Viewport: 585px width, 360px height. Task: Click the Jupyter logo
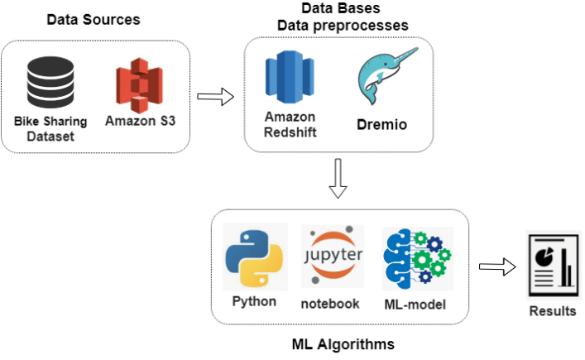pyautogui.click(x=332, y=254)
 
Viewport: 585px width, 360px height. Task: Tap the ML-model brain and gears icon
pyautogui.click(x=416, y=257)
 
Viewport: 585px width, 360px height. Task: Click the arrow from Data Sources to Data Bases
pyautogui.click(x=216, y=98)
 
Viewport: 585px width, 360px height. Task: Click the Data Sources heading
pyautogui.click(x=93, y=18)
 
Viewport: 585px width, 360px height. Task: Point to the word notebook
pyautogui.click(x=330, y=304)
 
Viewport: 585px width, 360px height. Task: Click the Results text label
pyautogui.click(x=553, y=311)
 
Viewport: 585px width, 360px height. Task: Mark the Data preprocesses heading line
pyautogui.click(x=343, y=26)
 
